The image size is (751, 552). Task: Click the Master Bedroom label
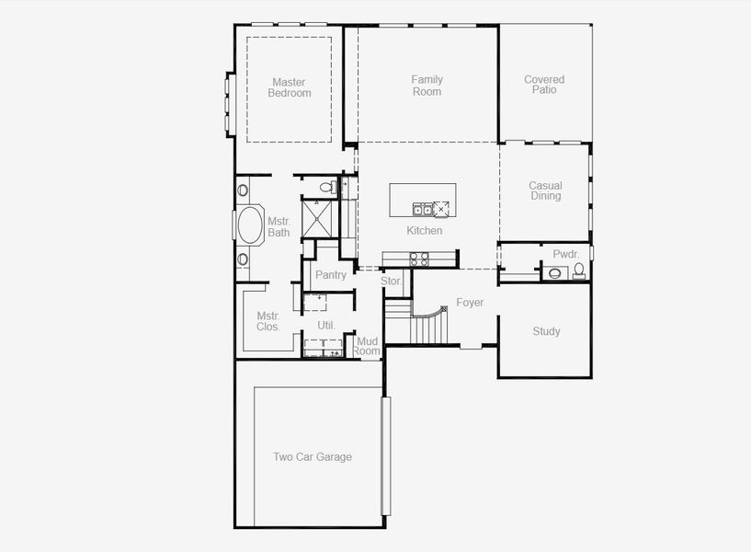coord(290,87)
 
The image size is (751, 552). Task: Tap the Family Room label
coord(427,86)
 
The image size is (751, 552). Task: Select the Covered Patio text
coord(544,85)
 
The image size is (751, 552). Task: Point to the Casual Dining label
coord(545,190)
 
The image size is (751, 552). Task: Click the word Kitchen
coord(425,231)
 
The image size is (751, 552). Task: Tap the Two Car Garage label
coord(313,456)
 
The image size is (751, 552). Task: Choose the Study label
coord(547,331)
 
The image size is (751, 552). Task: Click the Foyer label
coord(470,303)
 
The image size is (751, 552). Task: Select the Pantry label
coord(331,274)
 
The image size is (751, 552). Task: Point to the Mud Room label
coord(367,346)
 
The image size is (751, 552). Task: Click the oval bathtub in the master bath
coord(251,224)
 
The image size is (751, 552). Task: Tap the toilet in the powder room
coord(579,270)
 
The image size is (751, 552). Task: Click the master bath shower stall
coord(316,219)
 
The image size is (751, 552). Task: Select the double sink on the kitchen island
coord(423,210)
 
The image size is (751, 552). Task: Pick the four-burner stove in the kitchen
coord(419,259)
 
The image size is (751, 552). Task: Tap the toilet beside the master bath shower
coord(328,187)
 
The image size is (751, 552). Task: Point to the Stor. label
coord(392,281)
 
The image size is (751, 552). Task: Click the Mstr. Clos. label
coord(268,321)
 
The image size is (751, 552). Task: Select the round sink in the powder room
coord(555,273)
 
